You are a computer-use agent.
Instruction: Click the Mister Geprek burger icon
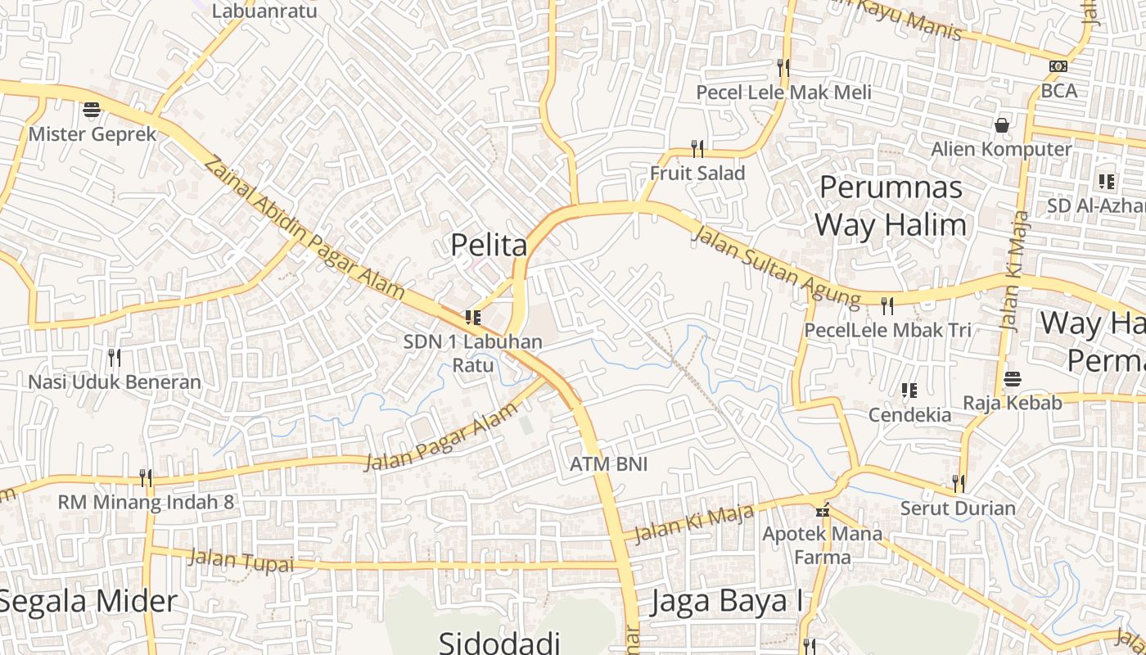[x=92, y=110]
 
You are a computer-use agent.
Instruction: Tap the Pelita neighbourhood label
[x=489, y=244]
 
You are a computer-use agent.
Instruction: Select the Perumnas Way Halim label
[x=891, y=206]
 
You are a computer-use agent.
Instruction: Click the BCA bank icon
[x=1058, y=66]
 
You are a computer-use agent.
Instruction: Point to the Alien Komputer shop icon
[x=1001, y=125]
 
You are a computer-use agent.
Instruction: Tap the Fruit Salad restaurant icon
[x=697, y=148]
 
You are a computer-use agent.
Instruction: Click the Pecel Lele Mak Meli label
[x=784, y=93]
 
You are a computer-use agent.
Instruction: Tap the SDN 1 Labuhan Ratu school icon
[x=472, y=318]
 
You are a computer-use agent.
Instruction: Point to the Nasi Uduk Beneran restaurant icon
[x=115, y=357]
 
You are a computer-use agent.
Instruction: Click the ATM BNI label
[x=608, y=464]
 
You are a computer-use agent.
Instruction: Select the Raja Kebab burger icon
[x=1013, y=379]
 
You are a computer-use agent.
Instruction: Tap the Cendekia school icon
[x=909, y=391]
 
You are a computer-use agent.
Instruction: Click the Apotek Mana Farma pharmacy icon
[x=823, y=510]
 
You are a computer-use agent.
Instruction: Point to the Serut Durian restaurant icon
[x=958, y=483]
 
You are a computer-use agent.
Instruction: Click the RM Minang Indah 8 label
[x=146, y=502]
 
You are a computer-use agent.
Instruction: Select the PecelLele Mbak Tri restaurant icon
[x=887, y=306]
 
